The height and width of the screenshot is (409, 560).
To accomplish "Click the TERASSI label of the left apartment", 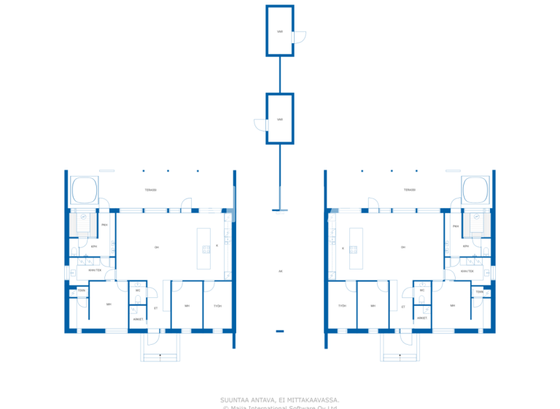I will (151, 190).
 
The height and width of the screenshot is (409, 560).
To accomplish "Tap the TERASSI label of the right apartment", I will (410, 190).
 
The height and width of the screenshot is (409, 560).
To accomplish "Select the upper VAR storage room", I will (280, 31).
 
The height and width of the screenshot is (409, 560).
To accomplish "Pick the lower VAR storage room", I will (280, 119).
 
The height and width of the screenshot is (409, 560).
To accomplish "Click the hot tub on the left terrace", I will (85, 190).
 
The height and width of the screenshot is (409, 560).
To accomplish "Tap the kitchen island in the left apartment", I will (204, 248).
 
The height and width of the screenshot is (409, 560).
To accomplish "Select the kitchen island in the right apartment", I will (357, 248).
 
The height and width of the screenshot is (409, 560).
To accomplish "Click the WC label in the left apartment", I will (138, 291).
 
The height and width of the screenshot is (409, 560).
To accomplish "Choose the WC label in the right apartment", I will (422, 291).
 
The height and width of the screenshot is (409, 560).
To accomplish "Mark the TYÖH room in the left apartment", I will (217, 305).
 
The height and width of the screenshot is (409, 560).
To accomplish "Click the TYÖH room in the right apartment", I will (343, 305).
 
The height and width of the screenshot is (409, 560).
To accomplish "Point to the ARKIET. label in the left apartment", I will (137, 318).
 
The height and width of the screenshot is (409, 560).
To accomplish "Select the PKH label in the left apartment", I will (104, 226).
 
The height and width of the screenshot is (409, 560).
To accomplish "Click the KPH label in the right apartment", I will (466, 246).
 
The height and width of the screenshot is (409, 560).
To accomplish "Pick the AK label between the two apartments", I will (280, 271).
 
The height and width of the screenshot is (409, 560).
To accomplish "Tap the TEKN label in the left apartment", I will (82, 291).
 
